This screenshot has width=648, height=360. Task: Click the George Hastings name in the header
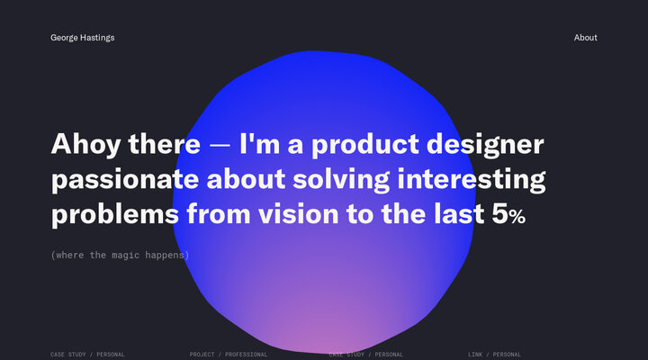tap(82, 38)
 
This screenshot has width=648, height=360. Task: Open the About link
tap(585, 38)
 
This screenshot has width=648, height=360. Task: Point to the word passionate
tap(125, 180)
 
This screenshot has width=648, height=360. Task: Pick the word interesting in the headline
tap(472, 180)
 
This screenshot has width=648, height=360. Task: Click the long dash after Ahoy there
tap(220, 146)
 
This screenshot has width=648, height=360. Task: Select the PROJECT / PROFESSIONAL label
tap(229, 355)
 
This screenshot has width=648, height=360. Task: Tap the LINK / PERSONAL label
tap(494, 355)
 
